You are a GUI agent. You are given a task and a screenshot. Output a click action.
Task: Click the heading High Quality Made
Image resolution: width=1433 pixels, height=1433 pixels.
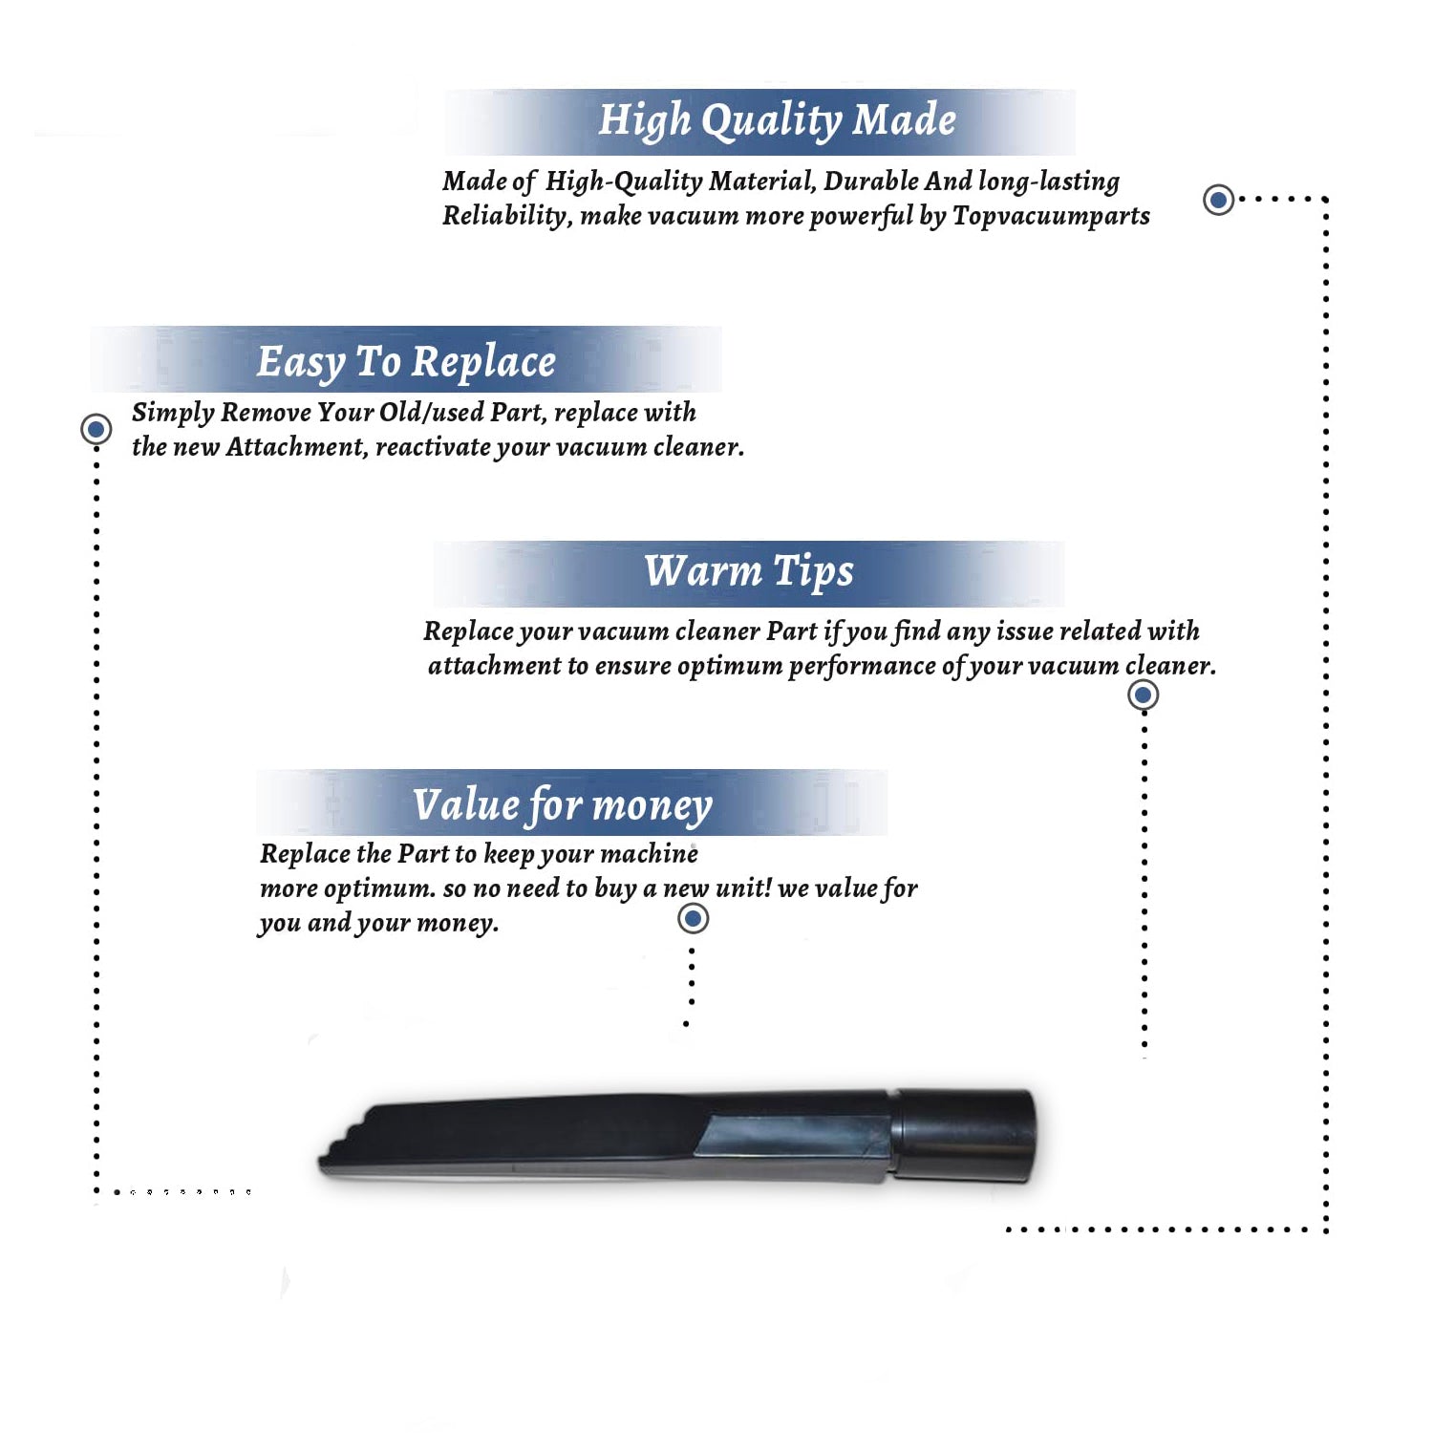pyautogui.click(x=777, y=121)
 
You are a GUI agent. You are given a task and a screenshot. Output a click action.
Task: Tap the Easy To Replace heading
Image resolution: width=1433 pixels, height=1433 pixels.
pyautogui.click(x=406, y=362)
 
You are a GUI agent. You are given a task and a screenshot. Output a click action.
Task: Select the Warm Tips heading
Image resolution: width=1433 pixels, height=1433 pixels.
pyautogui.click(x=748, y=571)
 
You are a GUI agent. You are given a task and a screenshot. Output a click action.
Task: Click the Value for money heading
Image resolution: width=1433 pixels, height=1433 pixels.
pyautogui.click(x=563, y=805)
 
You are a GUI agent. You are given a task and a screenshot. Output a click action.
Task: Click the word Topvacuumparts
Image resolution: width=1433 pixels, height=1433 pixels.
pyautogui.click(x=1051, y=216)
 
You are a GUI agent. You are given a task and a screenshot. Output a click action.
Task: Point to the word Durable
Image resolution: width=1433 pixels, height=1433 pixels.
pyautogui.click(x=872, y=181)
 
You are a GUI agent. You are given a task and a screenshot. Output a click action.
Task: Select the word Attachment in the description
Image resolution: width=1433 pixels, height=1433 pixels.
pyautogui.click(x=297, y=447)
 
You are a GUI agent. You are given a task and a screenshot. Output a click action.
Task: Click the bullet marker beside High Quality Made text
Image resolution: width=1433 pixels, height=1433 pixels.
pyautogui.click(x=1218, y=200)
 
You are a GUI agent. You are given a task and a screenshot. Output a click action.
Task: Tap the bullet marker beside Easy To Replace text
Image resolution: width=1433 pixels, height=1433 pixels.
pyautogui.click(x=96, y=429)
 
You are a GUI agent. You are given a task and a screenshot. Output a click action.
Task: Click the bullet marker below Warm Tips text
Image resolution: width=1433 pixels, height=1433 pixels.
pyautogui.click(x=1144, y=695)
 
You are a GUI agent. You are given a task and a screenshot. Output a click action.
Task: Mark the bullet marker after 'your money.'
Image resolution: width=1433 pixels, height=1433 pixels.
pyautogui.click(x=693, y=919)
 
